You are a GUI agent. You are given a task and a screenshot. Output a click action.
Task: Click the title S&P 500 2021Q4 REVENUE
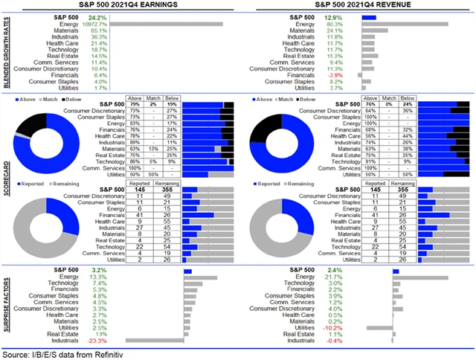[x=358, y=5]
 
